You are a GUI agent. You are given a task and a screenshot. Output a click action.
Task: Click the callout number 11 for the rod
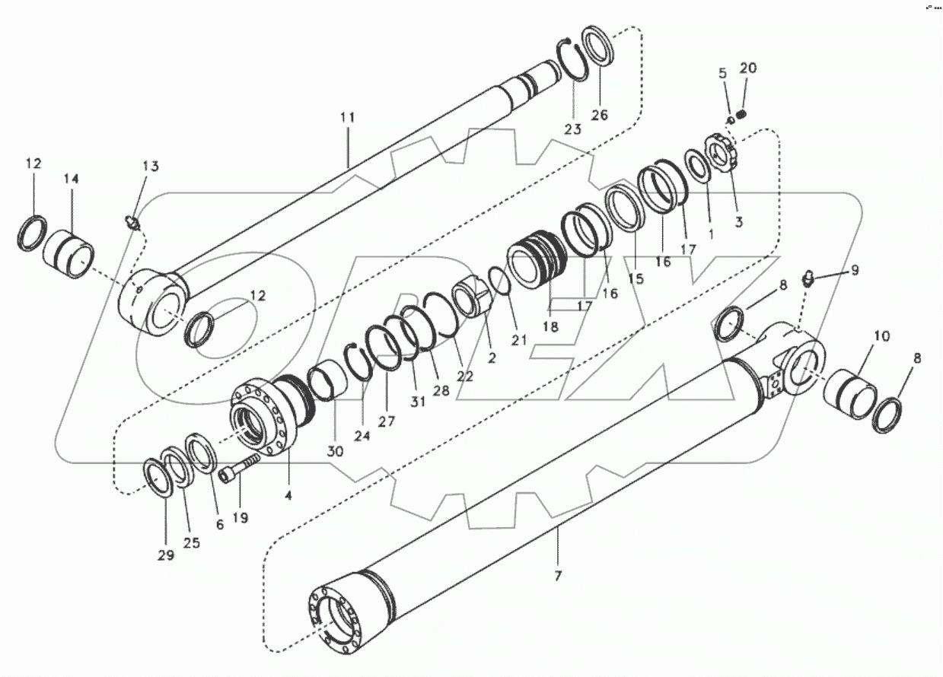347,118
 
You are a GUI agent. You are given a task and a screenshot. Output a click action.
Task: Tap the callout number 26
600,115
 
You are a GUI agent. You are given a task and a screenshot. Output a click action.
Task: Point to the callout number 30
336,451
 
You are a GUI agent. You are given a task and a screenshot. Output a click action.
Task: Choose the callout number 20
748,68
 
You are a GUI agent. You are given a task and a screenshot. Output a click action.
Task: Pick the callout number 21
518,340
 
